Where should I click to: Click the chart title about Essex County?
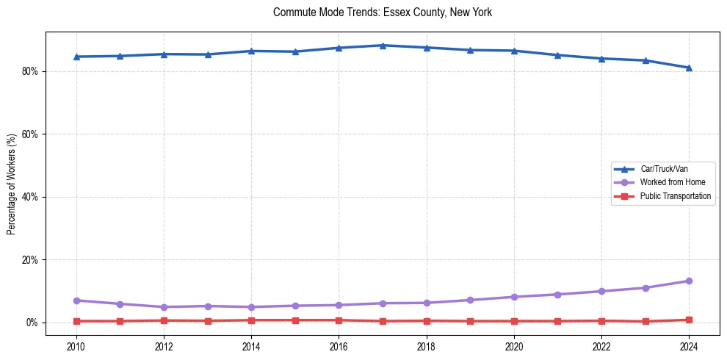click(382, 12)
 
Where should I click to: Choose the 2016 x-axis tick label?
click(339, 345)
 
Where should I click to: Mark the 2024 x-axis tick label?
click(689, 345)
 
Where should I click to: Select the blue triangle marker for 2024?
click(689, 68)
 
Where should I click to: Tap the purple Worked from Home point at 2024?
click(689, 281)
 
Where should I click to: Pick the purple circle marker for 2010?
click(76, 300)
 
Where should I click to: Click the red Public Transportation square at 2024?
click(689, 320)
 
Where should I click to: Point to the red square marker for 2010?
click(76, 321)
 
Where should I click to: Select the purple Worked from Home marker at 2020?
click(514, 297)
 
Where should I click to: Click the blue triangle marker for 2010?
click(76, 57)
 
